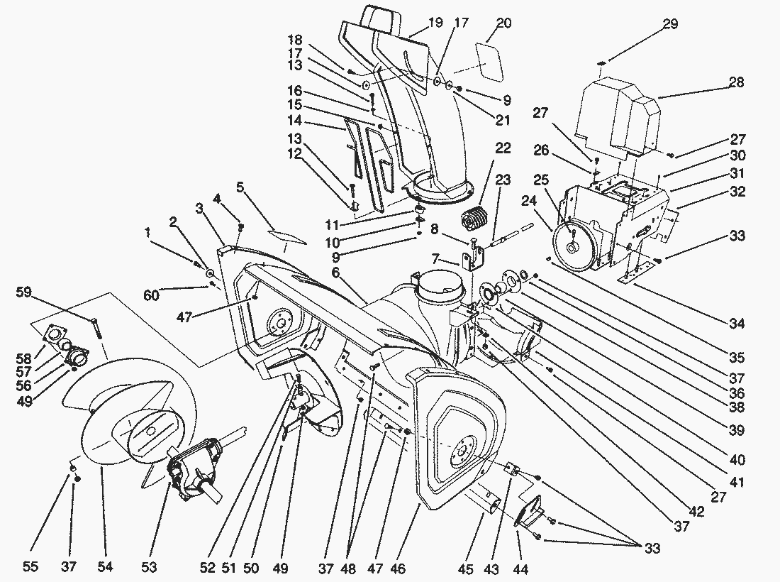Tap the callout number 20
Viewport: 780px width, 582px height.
[x=503, y=23]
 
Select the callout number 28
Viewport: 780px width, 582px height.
[x=736, y=83]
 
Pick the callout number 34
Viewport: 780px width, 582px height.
[x=737, y=324]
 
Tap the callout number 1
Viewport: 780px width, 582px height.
[x=147, y=232]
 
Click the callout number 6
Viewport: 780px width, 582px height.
[x=335, y=272]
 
